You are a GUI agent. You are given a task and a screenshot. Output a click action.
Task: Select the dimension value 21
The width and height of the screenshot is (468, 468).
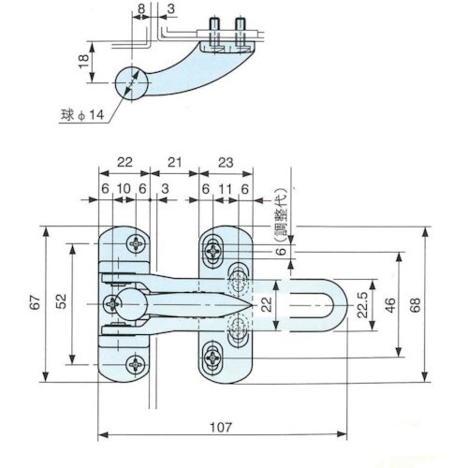coord(174,161)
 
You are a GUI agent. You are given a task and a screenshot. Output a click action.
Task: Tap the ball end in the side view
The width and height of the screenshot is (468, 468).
coord(133,83)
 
